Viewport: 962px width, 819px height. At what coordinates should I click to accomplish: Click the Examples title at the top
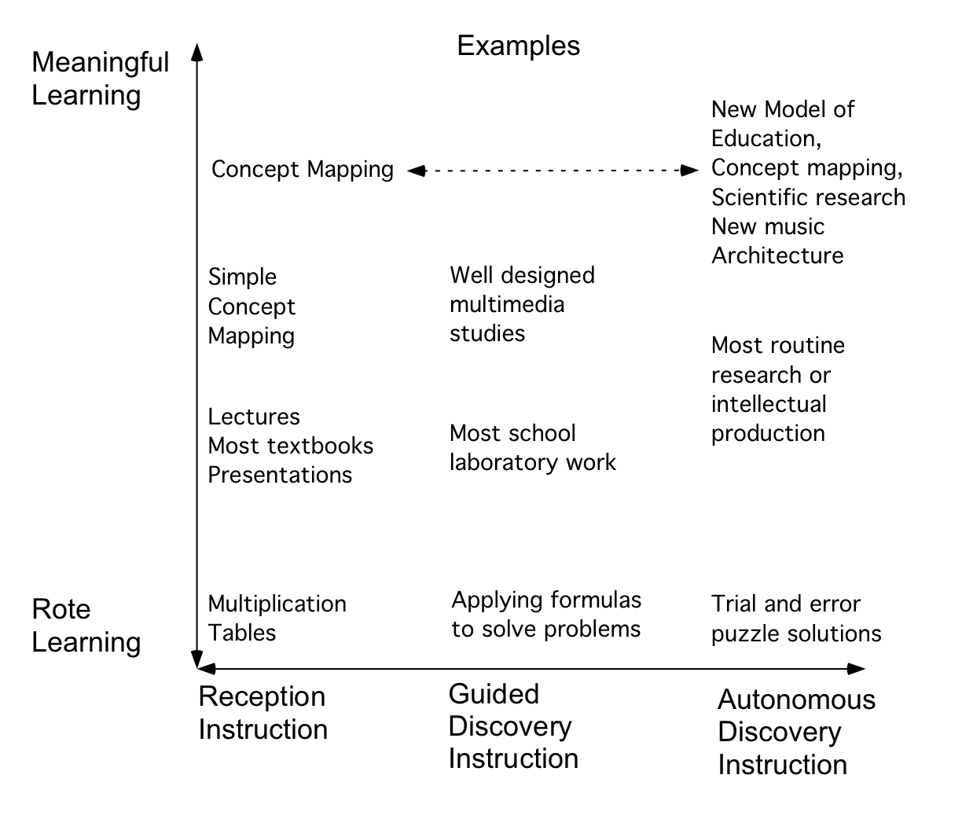[x=518, y=46]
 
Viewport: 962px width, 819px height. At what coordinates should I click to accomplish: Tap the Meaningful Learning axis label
[x=100, y=79]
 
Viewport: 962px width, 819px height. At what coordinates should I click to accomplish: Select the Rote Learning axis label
[x=86, y=626]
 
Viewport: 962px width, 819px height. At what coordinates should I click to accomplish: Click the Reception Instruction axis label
[x=263, y=713]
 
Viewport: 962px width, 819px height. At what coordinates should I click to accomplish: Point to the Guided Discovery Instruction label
[x=512, y=726]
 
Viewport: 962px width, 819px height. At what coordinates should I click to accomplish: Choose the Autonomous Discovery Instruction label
[x=796, y=732]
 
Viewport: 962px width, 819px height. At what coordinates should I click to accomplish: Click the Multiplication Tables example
[x=277, y=618]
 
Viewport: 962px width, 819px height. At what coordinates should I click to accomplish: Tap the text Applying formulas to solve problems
[x=546, y=615]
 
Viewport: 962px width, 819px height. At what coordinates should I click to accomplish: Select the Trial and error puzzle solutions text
[x=795, y=619]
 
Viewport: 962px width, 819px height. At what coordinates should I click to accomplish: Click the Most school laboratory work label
[x=532, y=447]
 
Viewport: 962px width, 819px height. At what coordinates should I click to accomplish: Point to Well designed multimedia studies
[x=522, y=304]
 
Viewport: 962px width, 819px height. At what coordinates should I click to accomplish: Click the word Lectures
[x=254, y=417]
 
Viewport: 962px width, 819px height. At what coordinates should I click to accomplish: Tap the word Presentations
[x=280, y=475]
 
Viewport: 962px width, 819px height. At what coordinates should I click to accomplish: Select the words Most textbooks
[x=290, y=446]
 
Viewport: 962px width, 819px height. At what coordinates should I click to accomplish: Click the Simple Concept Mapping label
[x=252, y=307]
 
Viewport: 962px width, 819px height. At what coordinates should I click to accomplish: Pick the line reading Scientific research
[x=808, y=196]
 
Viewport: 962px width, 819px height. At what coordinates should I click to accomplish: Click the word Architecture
[x=777, y=255]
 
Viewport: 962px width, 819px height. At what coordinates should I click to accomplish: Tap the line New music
[x=767, y=226]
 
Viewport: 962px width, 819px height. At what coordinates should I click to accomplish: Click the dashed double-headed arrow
[x=553, y=170]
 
